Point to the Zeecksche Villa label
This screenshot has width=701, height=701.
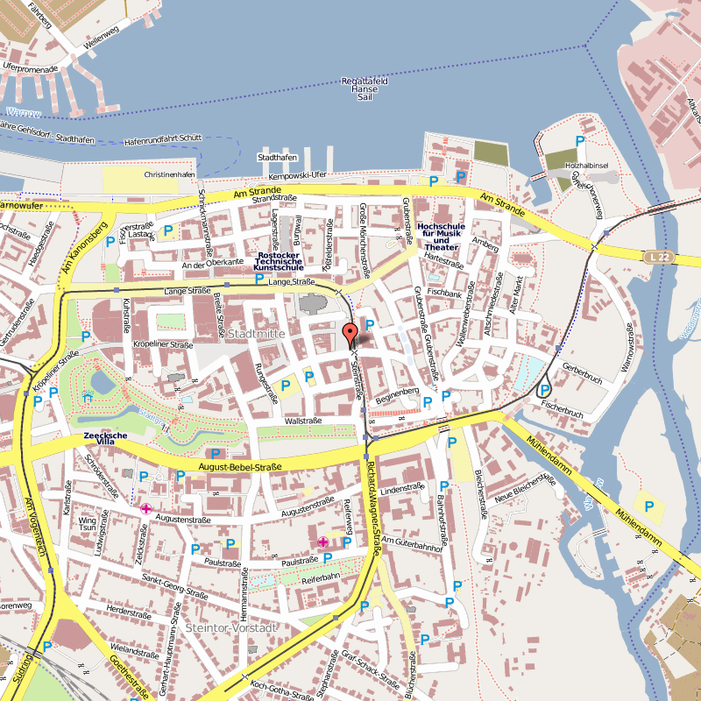click(x=106, y=440)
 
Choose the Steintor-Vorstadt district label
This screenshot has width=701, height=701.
click(x=231, y=628)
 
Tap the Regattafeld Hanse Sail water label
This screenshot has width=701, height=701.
click(x=365, y=89)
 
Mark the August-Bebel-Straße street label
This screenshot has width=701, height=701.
click(x=240, y=467)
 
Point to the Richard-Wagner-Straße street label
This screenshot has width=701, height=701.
click(x=375, y=507)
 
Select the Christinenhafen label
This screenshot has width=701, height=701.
click(x=169, y=174)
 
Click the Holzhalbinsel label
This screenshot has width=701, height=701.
click(x=587, y=165)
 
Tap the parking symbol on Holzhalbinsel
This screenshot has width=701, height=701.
click(x=580, y=141)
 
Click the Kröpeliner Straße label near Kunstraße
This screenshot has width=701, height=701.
click(x=162, y=345)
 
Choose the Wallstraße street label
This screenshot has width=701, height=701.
click(x=304, y=421)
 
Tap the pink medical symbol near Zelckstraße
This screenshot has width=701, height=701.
click(x=145, y=508)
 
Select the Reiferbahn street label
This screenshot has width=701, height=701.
click(x=320, y=580)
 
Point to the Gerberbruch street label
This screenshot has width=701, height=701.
click(x=584, y=379)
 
